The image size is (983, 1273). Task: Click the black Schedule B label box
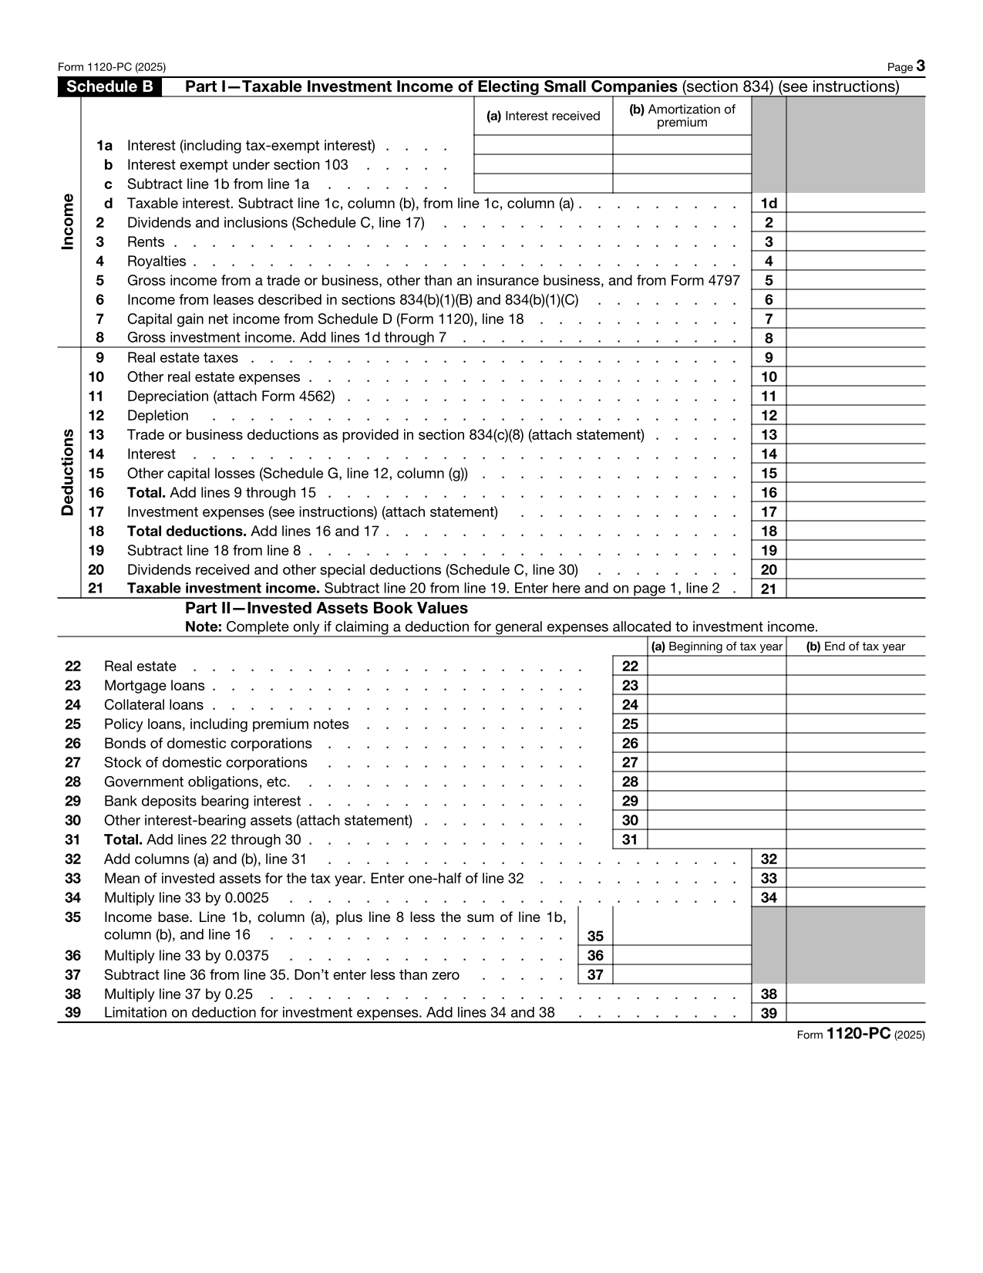point(109,86)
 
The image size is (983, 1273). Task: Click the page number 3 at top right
point(921,67)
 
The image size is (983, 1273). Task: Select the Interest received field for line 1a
point(543,145)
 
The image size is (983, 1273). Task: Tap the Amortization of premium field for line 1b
point(682,164)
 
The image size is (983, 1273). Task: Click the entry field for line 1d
point(855,203)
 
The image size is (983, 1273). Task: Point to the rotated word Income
point(68,221)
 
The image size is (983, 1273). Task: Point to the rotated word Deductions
point(68,471)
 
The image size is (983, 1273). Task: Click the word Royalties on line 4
point(157,262)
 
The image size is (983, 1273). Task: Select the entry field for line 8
point(855,338)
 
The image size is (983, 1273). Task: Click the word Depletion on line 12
point(157,416)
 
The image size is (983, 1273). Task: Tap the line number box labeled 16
point(769,492)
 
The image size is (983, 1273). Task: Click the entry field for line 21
point(855,589)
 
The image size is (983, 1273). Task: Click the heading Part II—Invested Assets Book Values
point(326,608)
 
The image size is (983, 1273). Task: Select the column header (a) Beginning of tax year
point(717,647)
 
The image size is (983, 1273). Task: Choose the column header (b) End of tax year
point(855,647)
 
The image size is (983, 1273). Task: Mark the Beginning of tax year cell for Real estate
point(717,666)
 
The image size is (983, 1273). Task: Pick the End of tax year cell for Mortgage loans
point(855,685)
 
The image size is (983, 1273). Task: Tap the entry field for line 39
point(855,1013)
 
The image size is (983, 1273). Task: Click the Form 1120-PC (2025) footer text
point(860,1035)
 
